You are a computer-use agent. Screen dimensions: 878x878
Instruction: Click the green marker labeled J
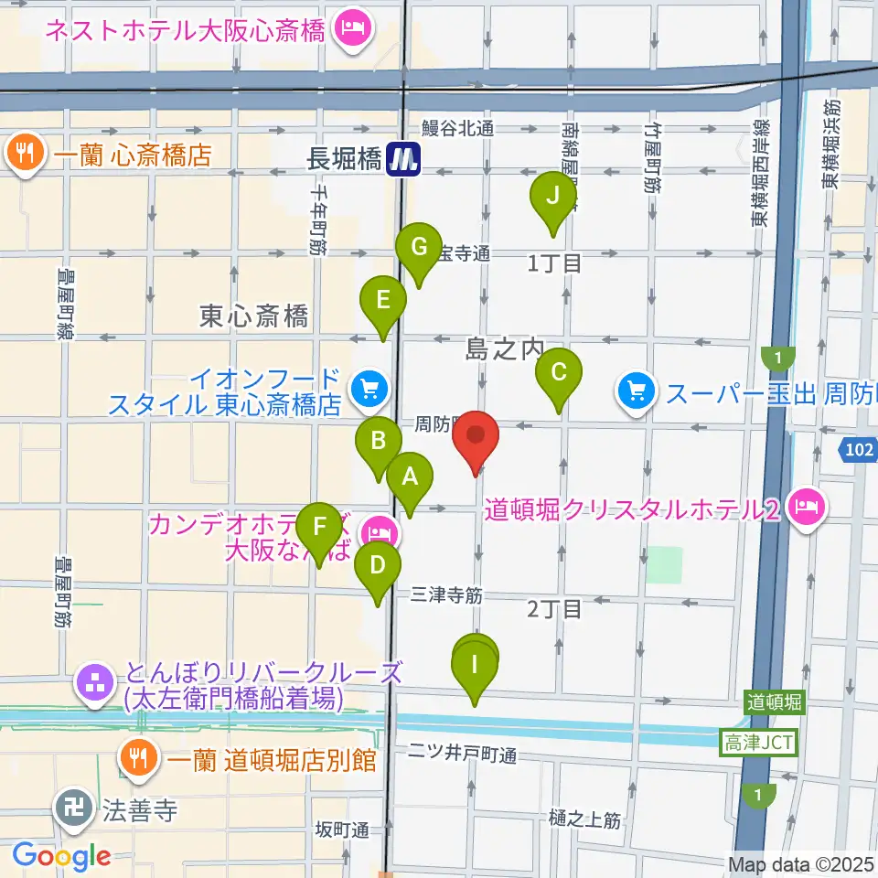pyautogui.click(x=552, y=195)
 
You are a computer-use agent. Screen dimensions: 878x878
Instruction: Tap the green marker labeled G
pyautogui.click(x=419, y=247)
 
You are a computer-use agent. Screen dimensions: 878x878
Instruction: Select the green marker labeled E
pyautogui.click(x=383, y=300)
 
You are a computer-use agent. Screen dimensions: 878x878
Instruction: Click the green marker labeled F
pyautogui.click(x=319, y=528)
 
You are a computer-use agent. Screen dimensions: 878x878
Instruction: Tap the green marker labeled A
pyautogui.click(x=409, y=476)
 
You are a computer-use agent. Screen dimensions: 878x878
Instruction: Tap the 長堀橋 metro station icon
pyautogui.click(x=402, y=159)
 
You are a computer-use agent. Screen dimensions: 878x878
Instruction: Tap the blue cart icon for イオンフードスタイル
pyautogui.click(x=369, y=390)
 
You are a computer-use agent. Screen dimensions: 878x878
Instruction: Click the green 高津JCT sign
pyautogui.click(x=759, y=742)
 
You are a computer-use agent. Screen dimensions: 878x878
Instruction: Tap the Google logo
pyautogui.click(x=61, y=856)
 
